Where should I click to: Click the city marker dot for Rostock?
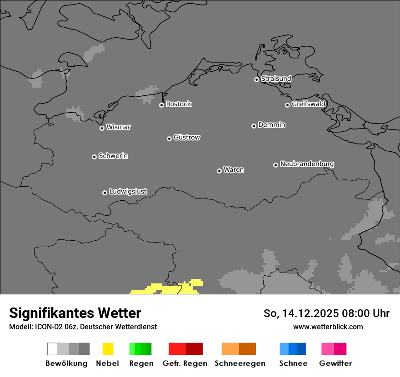pos(161,105)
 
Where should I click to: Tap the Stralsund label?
pos(276,79)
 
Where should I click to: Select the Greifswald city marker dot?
pos(287,105)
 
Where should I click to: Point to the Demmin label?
pos(271,124)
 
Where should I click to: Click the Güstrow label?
pos(187,137)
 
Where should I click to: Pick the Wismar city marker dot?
pos(102,128)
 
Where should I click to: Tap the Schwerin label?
pos(113,156)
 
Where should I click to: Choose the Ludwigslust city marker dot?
pos(105,193)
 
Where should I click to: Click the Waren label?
pos(234,170)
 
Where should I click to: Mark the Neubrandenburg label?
pos(307,164)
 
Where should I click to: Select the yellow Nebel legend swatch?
pos(108,349)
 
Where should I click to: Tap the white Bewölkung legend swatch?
pos(53,349)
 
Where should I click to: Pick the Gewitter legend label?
pos(335,363)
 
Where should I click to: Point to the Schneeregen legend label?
pos(240,363)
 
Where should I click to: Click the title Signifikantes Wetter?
pos(75,313)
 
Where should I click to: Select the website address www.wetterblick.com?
pos(328,327)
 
